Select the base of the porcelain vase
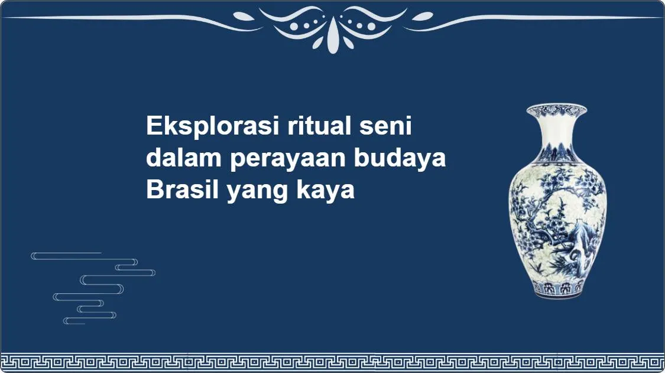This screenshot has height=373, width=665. coord(557,289)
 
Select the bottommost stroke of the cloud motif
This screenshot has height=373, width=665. coord(74,321)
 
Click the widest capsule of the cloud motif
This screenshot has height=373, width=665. coord(102,280)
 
